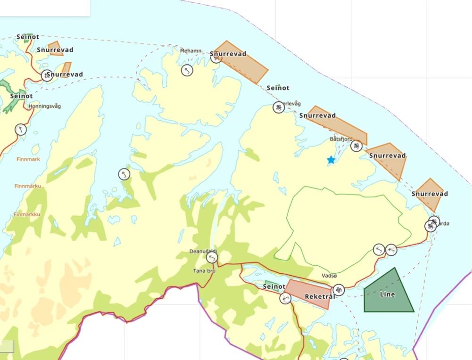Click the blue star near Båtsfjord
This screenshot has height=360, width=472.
coord(331,160)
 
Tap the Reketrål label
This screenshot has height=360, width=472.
coord(320,296)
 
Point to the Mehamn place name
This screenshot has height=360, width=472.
coord(190,50)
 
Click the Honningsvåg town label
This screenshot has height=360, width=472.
coord(45,106)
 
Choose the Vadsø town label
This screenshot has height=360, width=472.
coord(329,276)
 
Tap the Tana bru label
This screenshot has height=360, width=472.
coord(204,271)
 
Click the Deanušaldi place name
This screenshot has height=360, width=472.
coord(203,251)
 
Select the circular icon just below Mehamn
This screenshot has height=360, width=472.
coord(187,70)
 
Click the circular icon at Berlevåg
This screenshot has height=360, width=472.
coord(279,107)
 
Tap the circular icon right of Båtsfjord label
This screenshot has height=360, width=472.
coord(356,146)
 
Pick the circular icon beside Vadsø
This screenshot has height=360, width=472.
coord(339,289)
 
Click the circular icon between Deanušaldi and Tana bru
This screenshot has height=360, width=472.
coord(212,258)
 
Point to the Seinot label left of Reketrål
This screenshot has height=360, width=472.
coord(274,286)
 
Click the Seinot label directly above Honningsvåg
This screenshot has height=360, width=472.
coord(22,96)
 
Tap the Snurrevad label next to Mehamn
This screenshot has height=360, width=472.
coord(229,54)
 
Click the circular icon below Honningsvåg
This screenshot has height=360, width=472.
coord(21,129)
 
